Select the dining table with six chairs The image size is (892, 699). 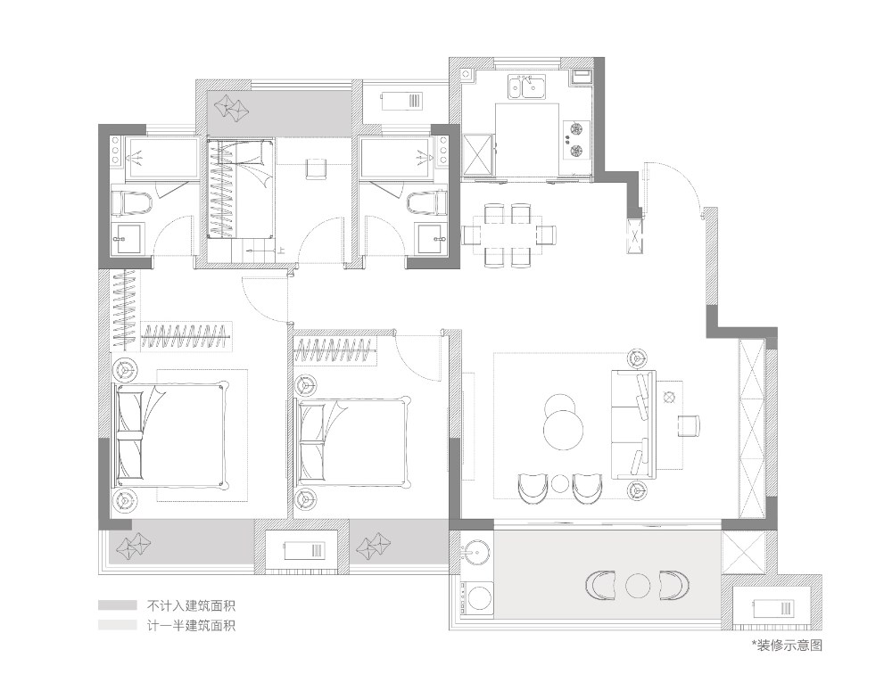[508, 234]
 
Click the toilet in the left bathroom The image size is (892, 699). [132, 203]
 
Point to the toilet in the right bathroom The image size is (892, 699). [426, 203]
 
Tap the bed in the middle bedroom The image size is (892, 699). [352, 442]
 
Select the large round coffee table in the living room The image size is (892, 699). [563, 430]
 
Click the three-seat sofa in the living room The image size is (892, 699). [633, 424]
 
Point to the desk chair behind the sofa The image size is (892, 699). [689, 425]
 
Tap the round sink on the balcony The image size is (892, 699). [476, 551]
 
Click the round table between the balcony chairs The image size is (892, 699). [637, 585]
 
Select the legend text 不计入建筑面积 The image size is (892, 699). [191, 605]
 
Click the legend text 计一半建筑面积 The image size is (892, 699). [191, 626]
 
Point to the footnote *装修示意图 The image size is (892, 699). [787, 645]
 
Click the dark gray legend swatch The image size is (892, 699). [117, 605]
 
